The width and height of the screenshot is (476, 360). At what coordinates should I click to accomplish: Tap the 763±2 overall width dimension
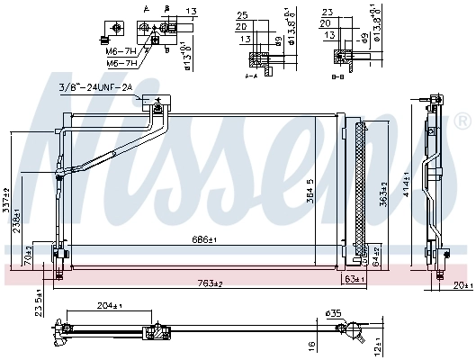[x=209, y=284]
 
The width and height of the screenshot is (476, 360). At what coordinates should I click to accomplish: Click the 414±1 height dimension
[x=407, y=185]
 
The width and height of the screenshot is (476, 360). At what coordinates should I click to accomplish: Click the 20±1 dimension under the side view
[x=462, y=285]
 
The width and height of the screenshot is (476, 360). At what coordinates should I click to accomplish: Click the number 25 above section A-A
[x=242, y=15]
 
